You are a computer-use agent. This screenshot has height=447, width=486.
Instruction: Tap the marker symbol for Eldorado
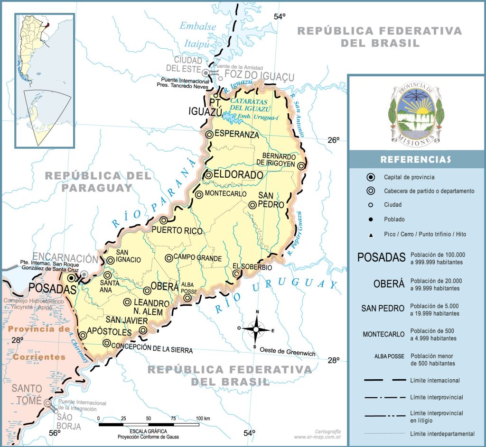tap(209, 175)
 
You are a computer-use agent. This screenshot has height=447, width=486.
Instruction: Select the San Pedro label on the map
tap(271, 201)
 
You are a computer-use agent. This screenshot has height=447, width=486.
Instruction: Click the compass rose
tap(256, 329)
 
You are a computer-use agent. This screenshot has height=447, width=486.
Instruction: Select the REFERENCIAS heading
tap(416, 160)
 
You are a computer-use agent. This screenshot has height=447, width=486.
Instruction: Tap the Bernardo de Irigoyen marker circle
tap(301, 165)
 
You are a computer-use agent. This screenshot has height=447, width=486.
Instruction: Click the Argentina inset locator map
tap(44, 81)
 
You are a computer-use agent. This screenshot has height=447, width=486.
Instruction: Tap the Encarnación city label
tap(65, 259)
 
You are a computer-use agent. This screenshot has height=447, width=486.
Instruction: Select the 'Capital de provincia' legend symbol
tap(371, 177)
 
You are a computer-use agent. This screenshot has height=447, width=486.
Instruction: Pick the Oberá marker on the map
tap(147, 290)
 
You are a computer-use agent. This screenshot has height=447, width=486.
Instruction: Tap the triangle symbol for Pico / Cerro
tap(371, 235)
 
